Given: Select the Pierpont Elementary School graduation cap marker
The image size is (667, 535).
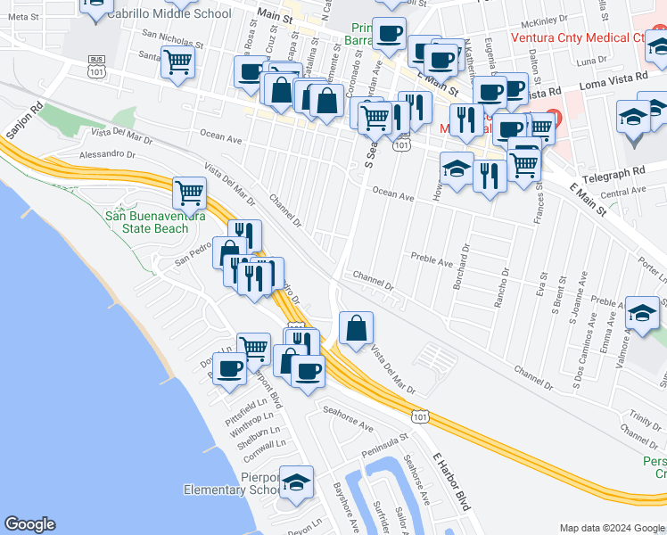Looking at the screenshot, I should tap(296, 482).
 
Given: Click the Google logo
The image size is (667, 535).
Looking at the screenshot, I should tap(29, 524).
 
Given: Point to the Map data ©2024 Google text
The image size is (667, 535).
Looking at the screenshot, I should tap(612, 527).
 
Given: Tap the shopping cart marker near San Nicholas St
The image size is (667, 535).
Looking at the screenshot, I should tap(178, 62).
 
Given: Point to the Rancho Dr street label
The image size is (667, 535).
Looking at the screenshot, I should tap(505, 286).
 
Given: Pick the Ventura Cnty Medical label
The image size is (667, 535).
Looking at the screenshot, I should tap(577, 38).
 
